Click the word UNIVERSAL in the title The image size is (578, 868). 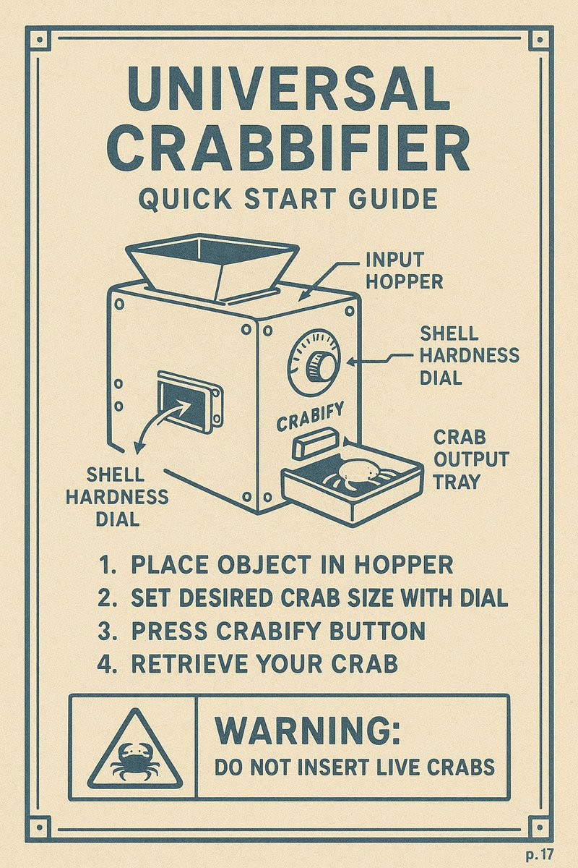tap(289, 90)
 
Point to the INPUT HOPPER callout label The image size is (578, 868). tap(404, 271)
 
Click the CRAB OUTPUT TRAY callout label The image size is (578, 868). tap(470, 459)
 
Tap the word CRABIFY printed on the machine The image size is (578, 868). tap(310, 417)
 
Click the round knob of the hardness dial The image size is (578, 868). tap(320, 366)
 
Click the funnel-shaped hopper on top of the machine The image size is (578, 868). tap(212, 268)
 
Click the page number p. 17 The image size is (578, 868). tap(540, 854)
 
